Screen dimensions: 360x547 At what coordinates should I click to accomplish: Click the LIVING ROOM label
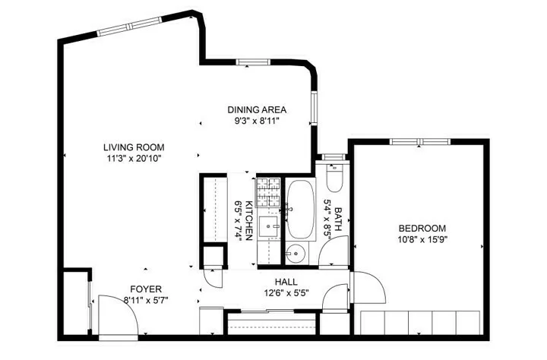134,147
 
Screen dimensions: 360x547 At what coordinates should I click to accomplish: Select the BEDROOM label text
422,229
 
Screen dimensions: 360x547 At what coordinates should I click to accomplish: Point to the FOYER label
146,289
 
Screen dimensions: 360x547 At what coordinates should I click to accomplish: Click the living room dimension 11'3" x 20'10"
134,158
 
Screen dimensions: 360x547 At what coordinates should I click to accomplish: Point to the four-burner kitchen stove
268,192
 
